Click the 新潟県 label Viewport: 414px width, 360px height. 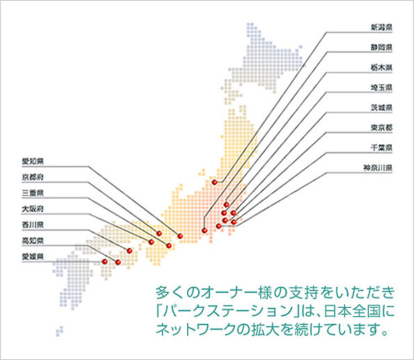(x=381, y=27)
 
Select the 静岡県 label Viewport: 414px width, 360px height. (x=381, y=47)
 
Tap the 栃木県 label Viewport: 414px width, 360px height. (x=381, y=68)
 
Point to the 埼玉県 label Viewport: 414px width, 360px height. (x=381, y=88)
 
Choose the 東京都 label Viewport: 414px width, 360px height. (x=381, y=128)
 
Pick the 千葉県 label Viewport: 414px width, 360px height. (x=381, y=148)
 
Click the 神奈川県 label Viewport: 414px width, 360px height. (x=378, y=168)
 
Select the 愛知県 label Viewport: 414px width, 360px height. (x=33, y=162)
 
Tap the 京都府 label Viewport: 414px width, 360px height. (x=33, y=177)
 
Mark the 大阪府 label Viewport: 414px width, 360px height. (x=33, y=209)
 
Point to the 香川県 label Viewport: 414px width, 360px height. (x=33, y=225)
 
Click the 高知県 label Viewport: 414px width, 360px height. (x=33, y=241)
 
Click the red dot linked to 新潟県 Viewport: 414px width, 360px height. (x=214, y=182)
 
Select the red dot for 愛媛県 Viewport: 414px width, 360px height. (x=105, y=261)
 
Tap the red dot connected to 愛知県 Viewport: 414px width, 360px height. (x=180, y=236)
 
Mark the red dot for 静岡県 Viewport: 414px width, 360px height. (x=205, y=230)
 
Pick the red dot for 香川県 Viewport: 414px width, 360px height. (x=129, y=251)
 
